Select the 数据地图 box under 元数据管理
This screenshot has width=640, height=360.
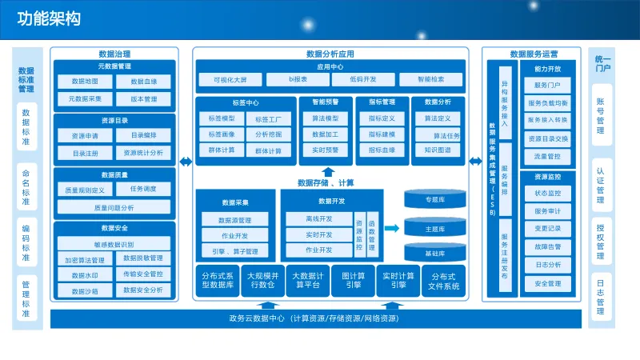pos(85,82)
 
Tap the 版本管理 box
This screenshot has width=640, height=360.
pos(144,99)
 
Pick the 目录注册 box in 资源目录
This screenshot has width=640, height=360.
pos(85,153)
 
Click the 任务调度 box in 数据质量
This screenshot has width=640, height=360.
pos(143,189)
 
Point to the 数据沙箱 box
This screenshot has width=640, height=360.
pos(85,291)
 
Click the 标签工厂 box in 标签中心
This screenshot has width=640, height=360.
pos(268,119)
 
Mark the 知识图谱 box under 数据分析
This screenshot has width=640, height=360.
pos(437,150)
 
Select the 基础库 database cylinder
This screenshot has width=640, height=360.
pos(434,253)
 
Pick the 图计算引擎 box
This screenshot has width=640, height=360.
pos(353,281)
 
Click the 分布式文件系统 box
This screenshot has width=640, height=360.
pos(445,281)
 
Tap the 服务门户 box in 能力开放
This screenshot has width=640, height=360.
pos(547,86)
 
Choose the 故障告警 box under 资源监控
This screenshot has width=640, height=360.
pos(547,247)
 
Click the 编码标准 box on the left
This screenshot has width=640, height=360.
pos(26,243)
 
